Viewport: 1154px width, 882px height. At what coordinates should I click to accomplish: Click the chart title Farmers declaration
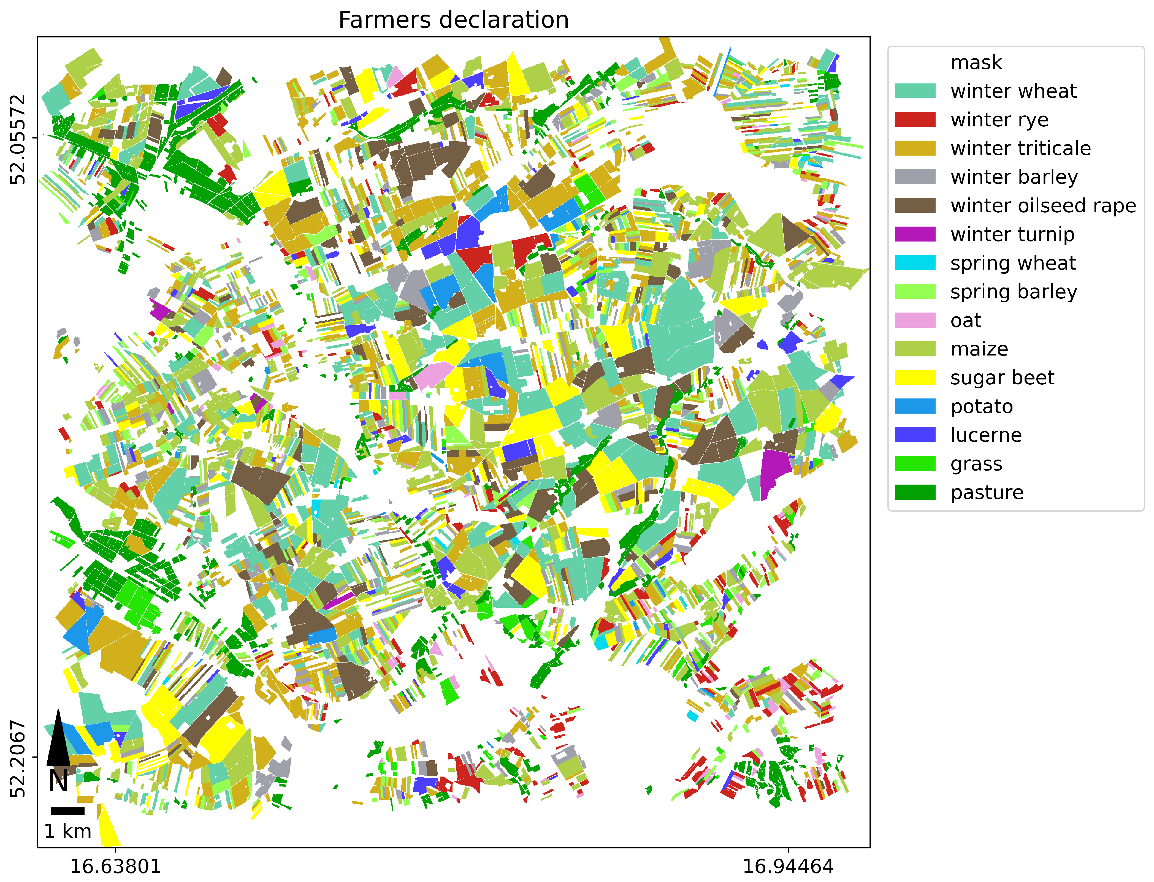pos(453,20)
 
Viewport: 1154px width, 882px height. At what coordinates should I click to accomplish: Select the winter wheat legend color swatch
pos(915,91)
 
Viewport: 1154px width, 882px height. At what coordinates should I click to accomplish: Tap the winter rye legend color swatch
pos(915,120)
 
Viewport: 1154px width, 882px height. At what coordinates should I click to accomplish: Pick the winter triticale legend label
pos(1020,149)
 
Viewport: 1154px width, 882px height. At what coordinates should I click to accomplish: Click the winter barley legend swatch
pos(915,177)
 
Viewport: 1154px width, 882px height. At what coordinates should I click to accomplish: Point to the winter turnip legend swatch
pos(915,234)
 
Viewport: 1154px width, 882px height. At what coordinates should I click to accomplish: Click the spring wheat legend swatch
pos(915,263)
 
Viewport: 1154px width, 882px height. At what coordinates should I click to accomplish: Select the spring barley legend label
pos(1013,292)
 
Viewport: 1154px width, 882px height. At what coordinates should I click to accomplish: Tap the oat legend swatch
pos(915,320)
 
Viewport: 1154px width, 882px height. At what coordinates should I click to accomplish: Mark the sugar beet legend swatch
pos(915,378)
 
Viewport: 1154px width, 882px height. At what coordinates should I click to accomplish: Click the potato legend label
pos(981,406)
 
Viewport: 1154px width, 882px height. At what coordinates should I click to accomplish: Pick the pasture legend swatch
pos(915,492)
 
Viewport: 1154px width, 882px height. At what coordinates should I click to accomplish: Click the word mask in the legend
pos(976,63)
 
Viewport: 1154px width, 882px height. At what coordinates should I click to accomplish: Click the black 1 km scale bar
pos(68,811)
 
